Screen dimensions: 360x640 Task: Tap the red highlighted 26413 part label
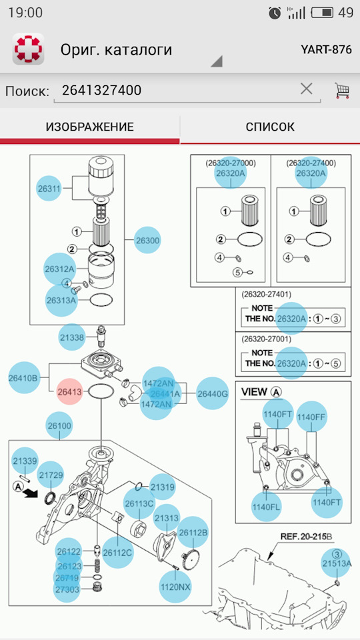click(x=69, y=392)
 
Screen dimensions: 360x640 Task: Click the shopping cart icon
click(x=343, y=91)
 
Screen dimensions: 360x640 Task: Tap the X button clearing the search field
click(x=307, y=89)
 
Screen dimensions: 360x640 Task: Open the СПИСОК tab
click(x=270, y=127)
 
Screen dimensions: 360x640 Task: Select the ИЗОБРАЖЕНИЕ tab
click(x=89, y=127)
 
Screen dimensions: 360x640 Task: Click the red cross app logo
click(x=29, y=49)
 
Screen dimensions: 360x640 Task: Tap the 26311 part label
click(x=49, y=189)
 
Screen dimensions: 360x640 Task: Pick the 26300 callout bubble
click(x=147, y=241)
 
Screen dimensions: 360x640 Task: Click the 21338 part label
click(x=72, y=337)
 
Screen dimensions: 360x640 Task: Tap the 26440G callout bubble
click(x=212, y=393)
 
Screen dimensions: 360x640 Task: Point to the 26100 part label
click(x=59, y=426)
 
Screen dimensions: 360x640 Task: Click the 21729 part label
click(x=51, y=475)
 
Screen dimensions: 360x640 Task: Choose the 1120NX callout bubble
click(x=175, y=587)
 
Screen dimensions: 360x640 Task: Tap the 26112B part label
click(x=193, y=532)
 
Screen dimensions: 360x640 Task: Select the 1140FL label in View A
click(x=267, y=507)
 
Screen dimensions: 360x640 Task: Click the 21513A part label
click(x=336, y=563)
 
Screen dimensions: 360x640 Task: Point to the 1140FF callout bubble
click(x=311, y=417)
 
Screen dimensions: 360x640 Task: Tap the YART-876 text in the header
click(x=326, y=49)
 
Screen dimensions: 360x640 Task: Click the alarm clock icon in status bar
click(x=275, y=13)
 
